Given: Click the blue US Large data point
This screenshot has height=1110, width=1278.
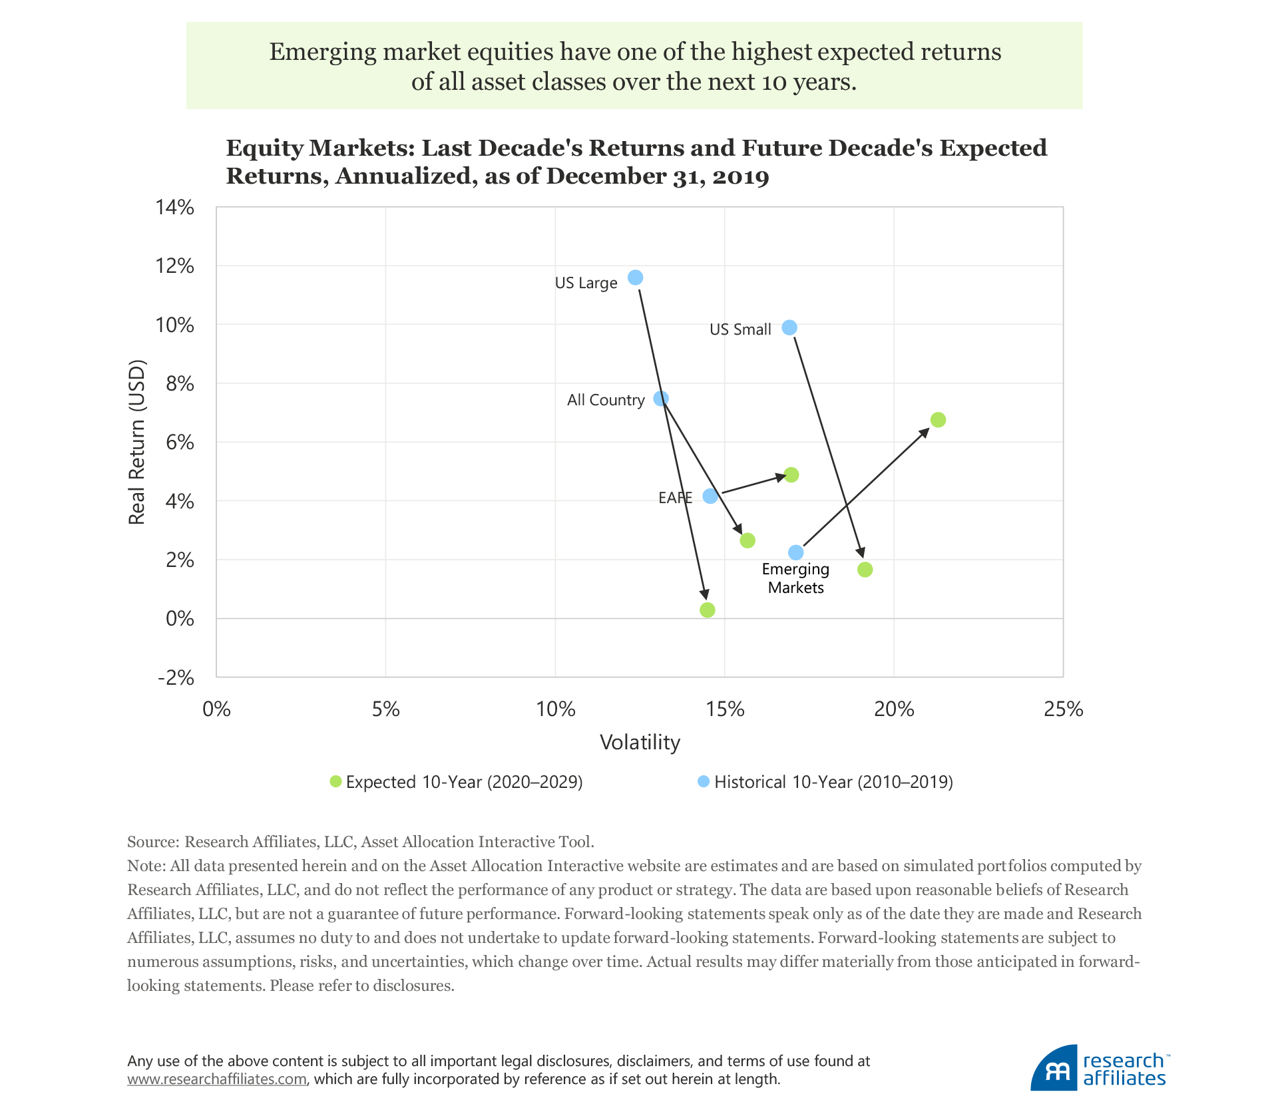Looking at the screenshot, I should pos(636,277).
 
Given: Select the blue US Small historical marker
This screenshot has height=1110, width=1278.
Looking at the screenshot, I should pos(789,327).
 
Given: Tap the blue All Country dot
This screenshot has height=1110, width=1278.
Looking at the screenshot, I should pos(661,399).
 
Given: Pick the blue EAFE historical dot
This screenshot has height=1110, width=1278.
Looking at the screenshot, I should pos(710,496).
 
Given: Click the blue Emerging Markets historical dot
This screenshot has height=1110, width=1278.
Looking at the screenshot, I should pos(796,552).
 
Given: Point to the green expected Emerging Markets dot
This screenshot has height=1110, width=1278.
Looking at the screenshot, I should pos(938,420).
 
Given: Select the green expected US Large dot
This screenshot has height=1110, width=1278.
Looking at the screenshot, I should pos(708,610).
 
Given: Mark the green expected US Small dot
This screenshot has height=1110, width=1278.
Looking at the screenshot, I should pos(865,570).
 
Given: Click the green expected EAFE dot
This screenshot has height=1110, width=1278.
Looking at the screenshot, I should pos(791,474).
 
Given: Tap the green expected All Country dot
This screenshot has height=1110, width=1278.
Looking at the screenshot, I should pos(747,540).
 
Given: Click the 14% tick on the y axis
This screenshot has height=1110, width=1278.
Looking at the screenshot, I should pos(175,208).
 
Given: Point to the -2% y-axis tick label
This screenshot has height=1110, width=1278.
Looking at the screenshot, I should pos(176,677).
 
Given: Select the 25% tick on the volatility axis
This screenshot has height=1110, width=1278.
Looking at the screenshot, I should pos(1063,709).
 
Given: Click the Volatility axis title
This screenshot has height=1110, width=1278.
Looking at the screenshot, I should pos(640,742).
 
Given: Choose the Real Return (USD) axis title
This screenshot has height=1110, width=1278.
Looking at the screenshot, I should pos(136,443).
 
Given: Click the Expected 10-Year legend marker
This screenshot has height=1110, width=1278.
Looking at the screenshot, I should pos(336,781).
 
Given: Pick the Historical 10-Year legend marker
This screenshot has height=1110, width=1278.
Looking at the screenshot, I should pos(704,781).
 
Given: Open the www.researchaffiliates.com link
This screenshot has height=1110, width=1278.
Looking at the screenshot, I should pos(217,1079).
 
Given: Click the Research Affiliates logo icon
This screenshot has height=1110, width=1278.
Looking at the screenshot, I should pos(1054,1068).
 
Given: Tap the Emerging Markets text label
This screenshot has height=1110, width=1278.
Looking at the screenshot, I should pos(795,578).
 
